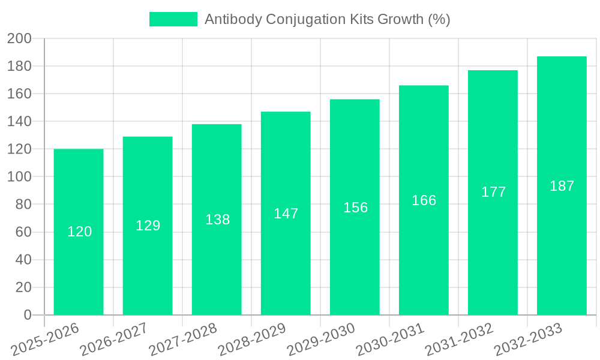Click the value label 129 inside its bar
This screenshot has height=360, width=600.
click(148, 226)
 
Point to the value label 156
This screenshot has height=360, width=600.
click(355, 208)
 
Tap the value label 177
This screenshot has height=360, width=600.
click(493, 192)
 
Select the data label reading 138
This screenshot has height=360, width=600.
click(217, 220)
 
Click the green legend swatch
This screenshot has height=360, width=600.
click(173, 19)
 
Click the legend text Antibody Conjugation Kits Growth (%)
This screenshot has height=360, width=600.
click(327, 19)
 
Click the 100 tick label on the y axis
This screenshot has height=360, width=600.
click(19, 177)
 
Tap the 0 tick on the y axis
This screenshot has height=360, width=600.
click(27, 315)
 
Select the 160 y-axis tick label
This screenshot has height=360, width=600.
click(19, 94)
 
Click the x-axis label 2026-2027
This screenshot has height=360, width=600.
click(115, 340)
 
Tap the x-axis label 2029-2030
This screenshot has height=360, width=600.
click(322, 340)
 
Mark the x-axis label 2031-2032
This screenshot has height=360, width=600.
click(460, 340)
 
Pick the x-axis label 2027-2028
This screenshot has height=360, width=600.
click(184, 340)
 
